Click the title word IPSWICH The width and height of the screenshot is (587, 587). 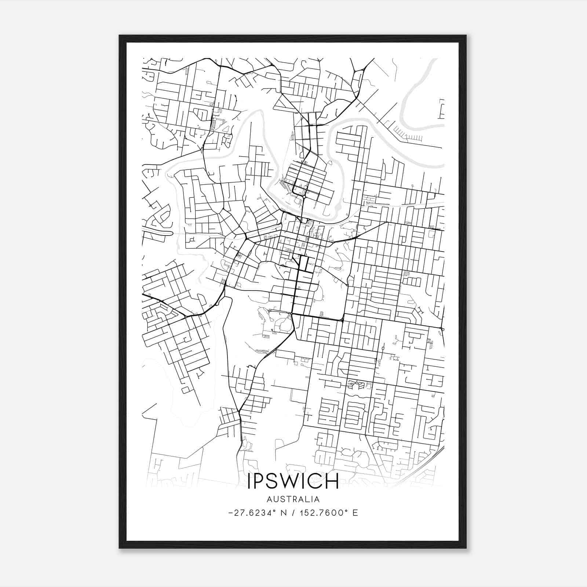pyautogui.click(x=293, y=481)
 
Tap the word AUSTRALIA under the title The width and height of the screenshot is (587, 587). pyautogui.click(x=293, y=499)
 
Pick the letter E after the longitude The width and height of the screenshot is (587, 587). pyautogui.click(x=355, y=513)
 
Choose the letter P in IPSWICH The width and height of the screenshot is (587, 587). pyautogui.click(x=260, y=481)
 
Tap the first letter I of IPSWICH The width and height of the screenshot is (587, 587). pyautogui.click(x=250, y=481)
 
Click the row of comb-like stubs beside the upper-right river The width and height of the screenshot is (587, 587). pyautogui.click(x=408, y=137)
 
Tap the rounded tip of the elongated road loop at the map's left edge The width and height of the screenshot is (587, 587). pyautogui.click(x=171, y=233)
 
